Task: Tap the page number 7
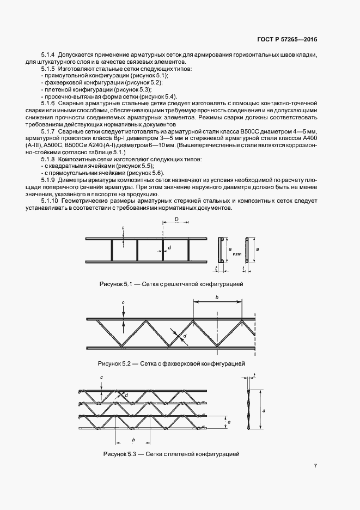pyautogui.click(x=315, y=465)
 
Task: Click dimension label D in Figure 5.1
pyautogui.click(x=176, y=218)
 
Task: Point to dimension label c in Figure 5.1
pyautogui.click(x=123, y=227)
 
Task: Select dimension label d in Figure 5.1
pyautogui.click(x=169, y=248)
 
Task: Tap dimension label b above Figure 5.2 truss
pyautogui.click(x=217, y=297)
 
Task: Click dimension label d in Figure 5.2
pyautogui.click(x=185, y=337)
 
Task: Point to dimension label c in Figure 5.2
pyautogui.click(x=124, y=302)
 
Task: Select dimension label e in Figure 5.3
pyautogui.click(x=229, y=422)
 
